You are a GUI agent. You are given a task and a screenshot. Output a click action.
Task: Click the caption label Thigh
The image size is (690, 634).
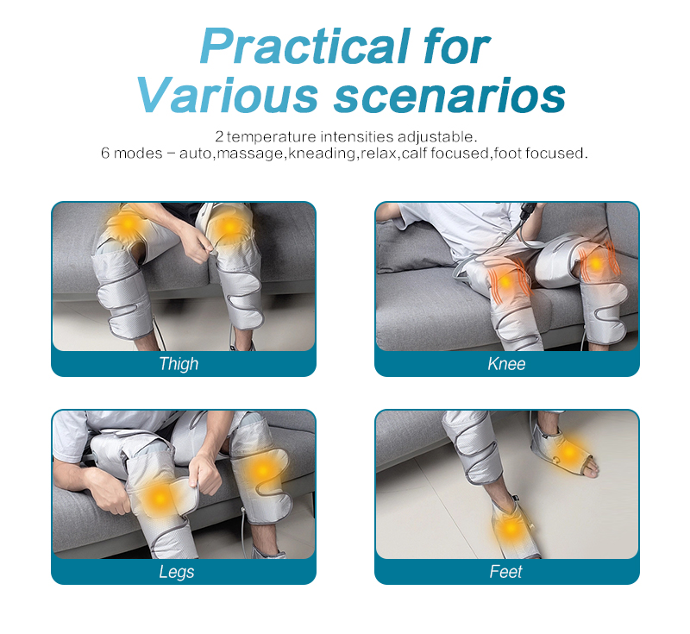tap(179, 364)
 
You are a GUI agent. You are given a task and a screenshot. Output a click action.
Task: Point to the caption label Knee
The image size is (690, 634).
tap(506, 364)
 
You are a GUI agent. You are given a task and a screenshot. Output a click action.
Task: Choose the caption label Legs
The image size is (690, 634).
tap(179, 572)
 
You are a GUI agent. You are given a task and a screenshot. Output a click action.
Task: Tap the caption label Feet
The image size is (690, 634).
tap(506, 572)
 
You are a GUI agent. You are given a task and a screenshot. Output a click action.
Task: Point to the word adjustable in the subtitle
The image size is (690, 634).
tap(436, 136)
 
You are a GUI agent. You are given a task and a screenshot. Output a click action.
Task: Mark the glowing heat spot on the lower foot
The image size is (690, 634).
tap(511, 527)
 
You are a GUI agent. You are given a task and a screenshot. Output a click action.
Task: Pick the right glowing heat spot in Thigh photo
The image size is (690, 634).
tap(229, 226)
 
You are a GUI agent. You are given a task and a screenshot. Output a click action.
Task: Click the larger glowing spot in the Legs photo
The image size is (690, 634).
tap(158, 498)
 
